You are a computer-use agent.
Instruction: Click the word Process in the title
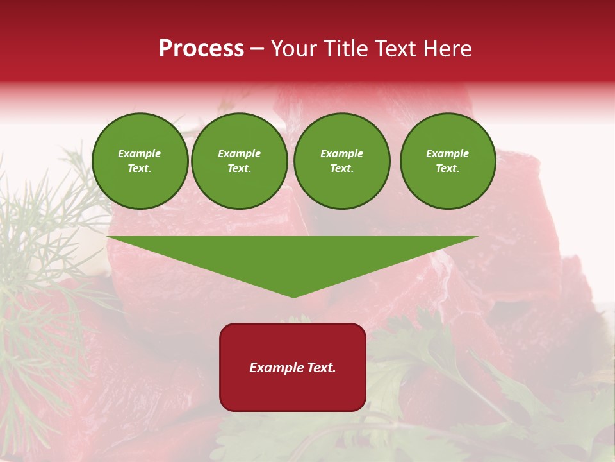coord(201,49)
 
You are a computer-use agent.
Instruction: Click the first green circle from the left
coord(140,161)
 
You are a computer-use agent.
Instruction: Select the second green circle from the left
coord(240,161)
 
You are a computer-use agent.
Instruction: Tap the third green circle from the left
coord(342,161)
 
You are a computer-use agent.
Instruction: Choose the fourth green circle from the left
coord(448,161)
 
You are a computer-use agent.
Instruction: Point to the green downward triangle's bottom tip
coord(293,296)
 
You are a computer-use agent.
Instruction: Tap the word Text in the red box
coord(320,368)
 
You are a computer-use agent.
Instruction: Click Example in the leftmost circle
coord(140,153)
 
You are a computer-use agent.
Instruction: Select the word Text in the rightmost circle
coord(447,169)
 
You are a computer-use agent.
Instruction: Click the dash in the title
coord(258,49)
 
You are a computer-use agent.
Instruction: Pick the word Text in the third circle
coord(341,169)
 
